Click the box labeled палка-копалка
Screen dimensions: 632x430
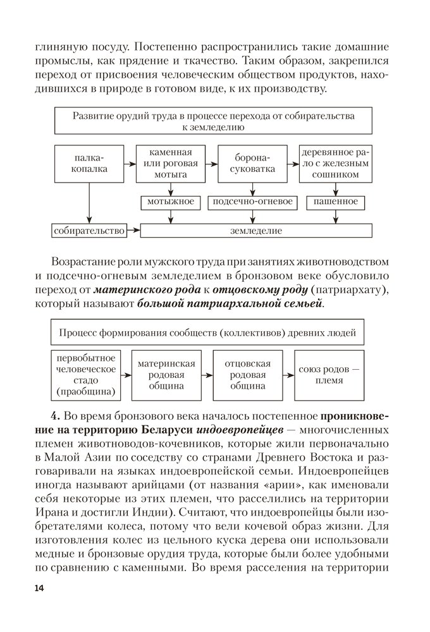(89, 164)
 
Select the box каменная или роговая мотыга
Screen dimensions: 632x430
(171, 164)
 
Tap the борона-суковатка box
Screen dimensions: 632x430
(252, 164)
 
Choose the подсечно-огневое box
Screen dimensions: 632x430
(252, 202)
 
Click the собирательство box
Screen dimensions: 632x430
(89, 230)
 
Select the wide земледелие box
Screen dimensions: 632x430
(252, 230)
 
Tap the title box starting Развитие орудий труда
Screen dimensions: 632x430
(212, 121)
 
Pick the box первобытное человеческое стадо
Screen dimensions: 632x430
(85, 375)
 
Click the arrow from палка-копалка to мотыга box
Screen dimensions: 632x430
(130, 164)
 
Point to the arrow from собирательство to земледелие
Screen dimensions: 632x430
(133, 230)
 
